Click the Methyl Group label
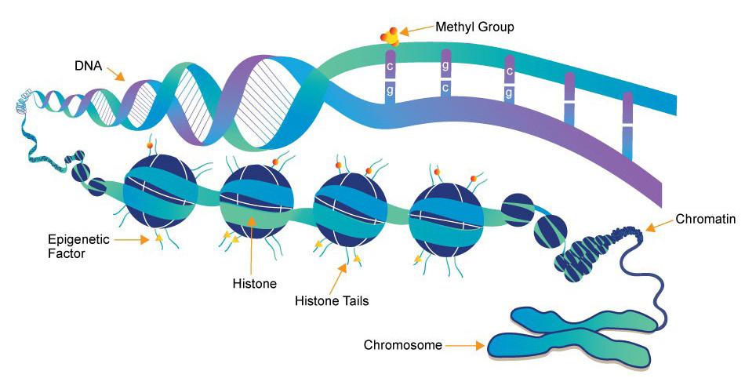[474, 27]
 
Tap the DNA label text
[89, 66]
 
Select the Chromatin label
[706, 219]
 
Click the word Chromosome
[403, 345]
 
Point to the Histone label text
[255, 284]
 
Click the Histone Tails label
[332, 300]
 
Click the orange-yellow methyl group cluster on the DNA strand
[390, 37]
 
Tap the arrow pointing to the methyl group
[416, 30]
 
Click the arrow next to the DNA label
[115, 74]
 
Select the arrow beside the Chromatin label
[660, 224]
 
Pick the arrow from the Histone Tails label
[336, 278]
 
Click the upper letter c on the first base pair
[390, 67]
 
